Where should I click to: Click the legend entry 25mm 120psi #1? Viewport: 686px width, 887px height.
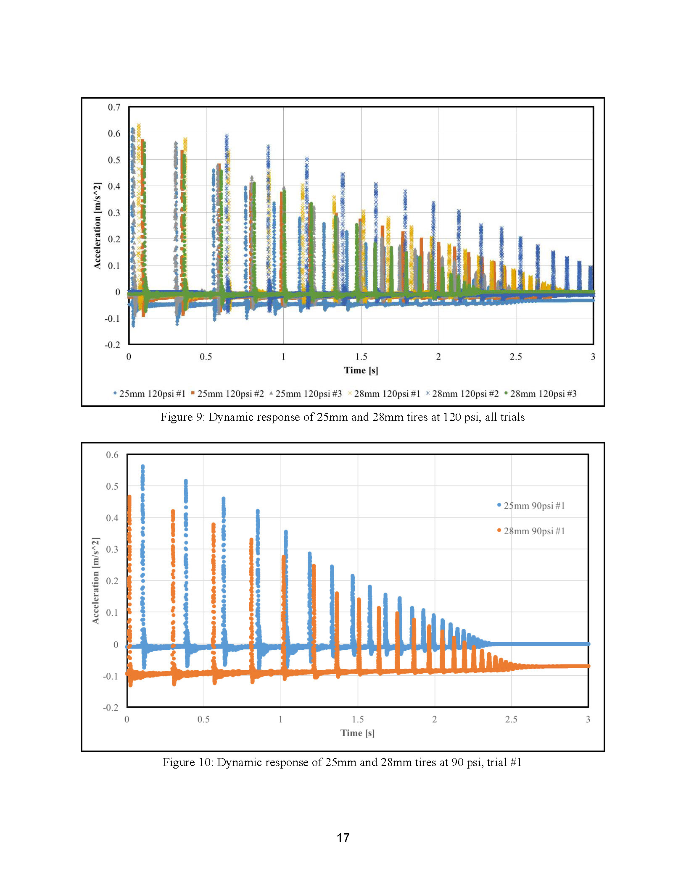click(149, 394)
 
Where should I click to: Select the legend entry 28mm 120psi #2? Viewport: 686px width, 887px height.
click(462, 394)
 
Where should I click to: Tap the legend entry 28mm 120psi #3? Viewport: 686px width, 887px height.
click(541, 394)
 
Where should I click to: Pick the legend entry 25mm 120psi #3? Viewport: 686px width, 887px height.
click(306, 394)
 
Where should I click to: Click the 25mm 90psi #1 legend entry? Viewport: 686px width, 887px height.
click(531, 506)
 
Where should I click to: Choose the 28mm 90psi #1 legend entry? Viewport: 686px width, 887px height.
click(531, 531)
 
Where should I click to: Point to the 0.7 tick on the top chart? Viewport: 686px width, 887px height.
click(114, 107)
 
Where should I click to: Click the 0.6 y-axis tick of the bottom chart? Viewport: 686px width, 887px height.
click(112, 455)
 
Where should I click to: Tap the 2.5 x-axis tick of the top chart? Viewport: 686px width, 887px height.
click(516, 357)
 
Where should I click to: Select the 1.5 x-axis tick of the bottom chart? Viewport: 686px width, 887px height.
click(358, 719)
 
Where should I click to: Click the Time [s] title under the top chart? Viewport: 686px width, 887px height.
click(361, 370)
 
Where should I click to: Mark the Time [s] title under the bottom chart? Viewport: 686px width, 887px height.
click(358, 733)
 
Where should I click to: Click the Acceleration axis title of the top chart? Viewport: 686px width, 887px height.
click(97, 226)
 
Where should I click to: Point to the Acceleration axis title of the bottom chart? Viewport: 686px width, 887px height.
click(96, 580)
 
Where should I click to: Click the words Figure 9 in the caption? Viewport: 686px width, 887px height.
click(182, 417)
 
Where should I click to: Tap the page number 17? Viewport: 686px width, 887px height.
click(343, 838)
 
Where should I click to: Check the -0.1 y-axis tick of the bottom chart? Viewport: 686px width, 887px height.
click(111, 676)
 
